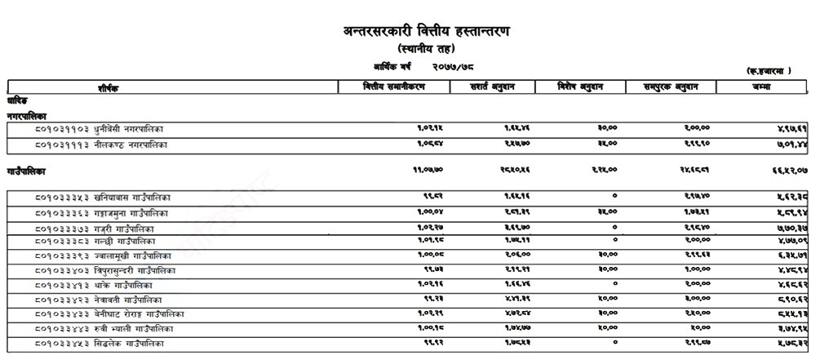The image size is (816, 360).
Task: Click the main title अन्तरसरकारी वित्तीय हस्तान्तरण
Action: [x=429, y=33]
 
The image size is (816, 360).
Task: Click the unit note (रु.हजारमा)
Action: [x=768, y=71]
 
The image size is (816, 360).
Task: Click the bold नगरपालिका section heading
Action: [x=26, y=116]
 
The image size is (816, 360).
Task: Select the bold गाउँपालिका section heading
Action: [x=26, y=171]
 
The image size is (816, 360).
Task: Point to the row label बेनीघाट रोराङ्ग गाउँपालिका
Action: [x=137, y=314]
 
